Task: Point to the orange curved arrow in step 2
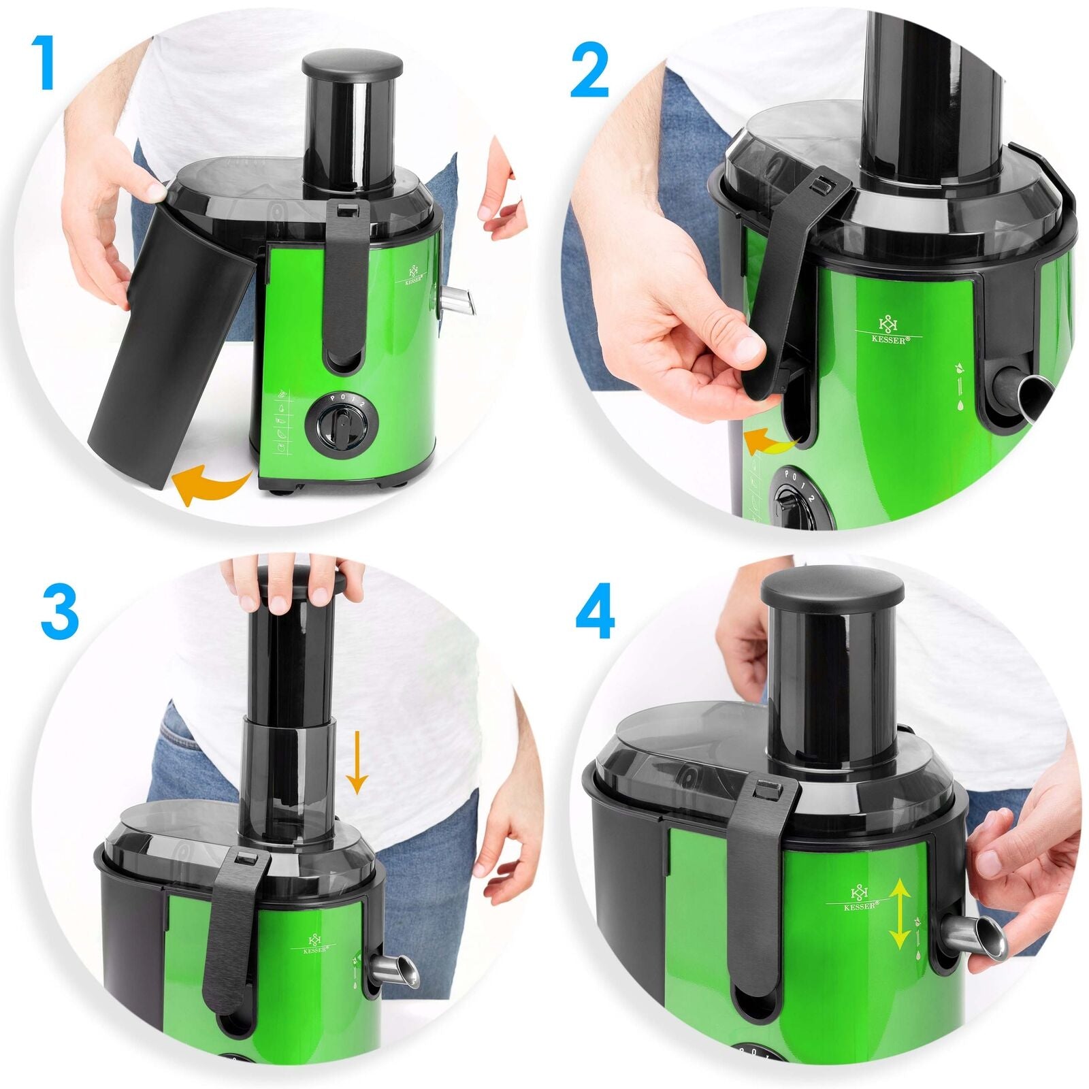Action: point(770,444)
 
